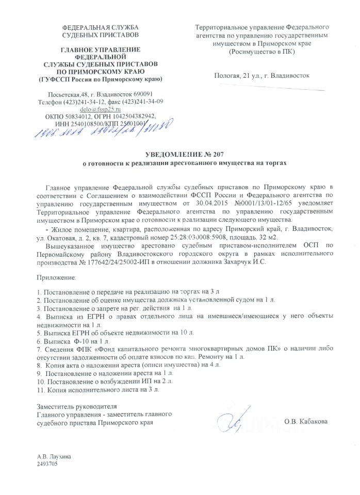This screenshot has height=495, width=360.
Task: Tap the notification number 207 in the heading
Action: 217,154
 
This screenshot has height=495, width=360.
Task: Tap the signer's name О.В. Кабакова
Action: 305,422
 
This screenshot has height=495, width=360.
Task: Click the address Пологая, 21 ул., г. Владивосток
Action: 261,76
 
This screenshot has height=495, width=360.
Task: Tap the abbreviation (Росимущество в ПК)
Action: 261,52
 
